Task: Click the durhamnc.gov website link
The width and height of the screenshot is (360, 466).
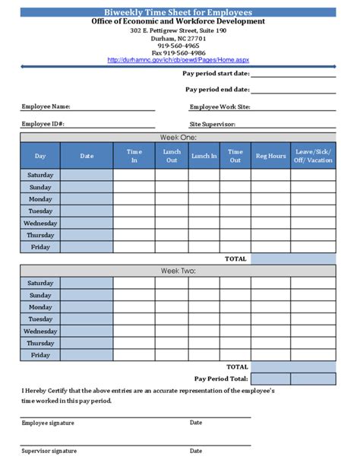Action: tap(178, 59)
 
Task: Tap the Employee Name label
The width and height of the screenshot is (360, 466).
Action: tap(46, 107)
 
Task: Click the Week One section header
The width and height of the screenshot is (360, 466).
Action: tap(178, 137)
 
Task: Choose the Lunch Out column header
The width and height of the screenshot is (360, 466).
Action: tap(172, 156)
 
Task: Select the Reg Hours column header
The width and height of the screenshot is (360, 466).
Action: tap(270, 156)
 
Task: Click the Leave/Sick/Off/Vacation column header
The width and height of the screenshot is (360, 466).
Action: tap(313, 156)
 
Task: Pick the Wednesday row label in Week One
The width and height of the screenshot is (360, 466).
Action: tap(40, 223)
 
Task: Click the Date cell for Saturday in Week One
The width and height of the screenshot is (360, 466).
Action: tap(87, 175)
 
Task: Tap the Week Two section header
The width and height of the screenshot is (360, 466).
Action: tap(178, 271)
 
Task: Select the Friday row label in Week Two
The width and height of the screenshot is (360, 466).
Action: tap(40, 355)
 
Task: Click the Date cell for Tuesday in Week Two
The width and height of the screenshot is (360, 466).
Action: tap(87, 319)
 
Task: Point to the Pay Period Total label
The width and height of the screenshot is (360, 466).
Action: tap(221, 379)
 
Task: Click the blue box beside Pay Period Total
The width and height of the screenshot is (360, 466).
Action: tap(292, 379)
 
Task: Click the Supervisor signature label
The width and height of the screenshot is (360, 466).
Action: tap(49, 451)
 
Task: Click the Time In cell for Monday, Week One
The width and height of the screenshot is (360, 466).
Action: tap(134, 199)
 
